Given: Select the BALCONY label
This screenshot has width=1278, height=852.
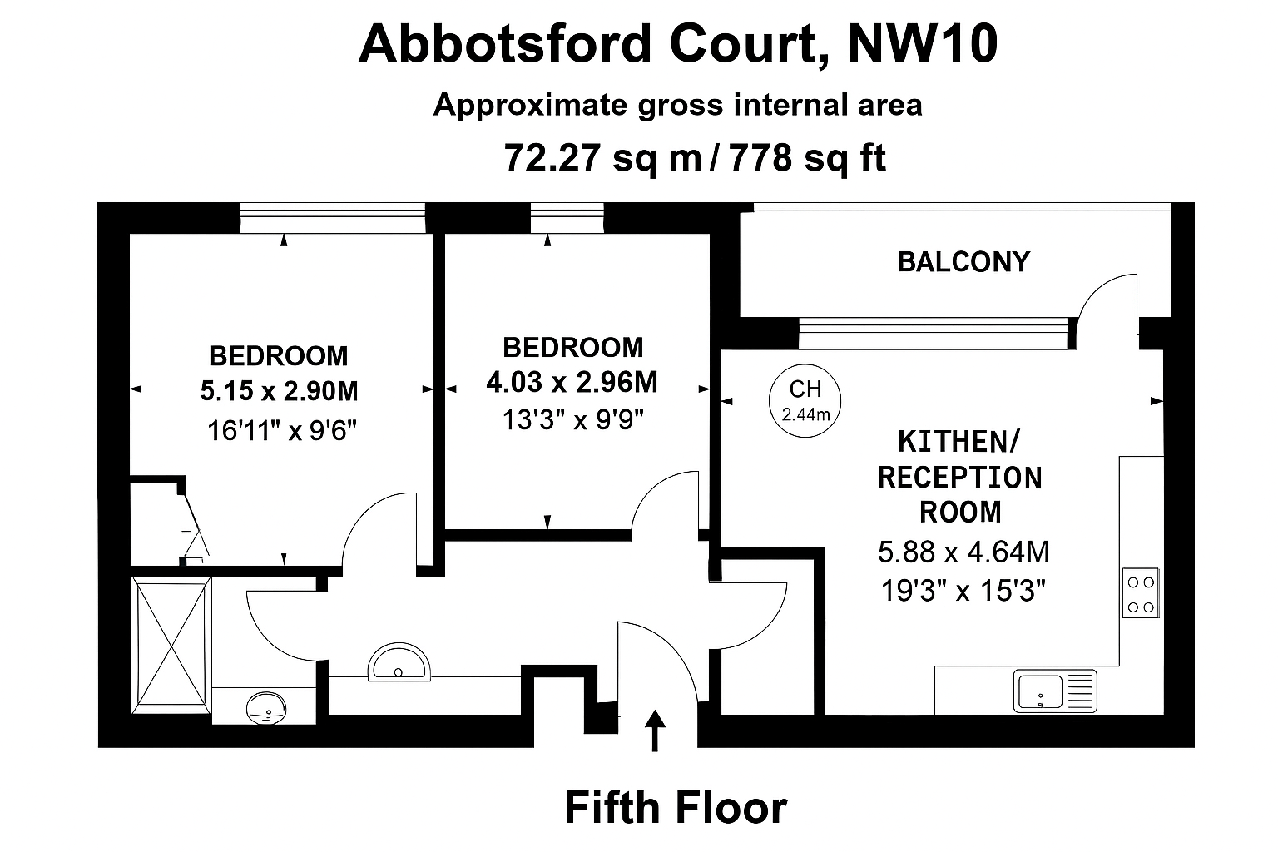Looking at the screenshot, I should click(963, 262).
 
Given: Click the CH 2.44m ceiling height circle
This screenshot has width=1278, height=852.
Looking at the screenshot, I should click(805, 399).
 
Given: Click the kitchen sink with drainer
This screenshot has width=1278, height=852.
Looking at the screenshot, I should click(1055, 691).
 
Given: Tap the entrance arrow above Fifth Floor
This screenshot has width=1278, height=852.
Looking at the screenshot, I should click(656, 730).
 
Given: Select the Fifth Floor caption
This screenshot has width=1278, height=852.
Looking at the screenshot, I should click(676, 807).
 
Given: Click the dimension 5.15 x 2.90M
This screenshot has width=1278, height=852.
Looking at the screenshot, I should click(280, 391).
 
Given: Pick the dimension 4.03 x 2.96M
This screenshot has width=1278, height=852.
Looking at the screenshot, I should click(572, 382).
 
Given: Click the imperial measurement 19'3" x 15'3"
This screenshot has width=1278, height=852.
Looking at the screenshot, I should click(963, 592).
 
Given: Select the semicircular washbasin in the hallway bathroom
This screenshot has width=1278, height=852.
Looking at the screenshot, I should click(399, 663).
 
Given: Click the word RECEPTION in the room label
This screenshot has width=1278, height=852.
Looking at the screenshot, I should click(959, 478).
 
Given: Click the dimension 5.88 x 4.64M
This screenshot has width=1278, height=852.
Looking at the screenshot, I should click(963, 552).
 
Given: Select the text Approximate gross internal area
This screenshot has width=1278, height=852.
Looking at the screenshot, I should click(677, 106).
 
